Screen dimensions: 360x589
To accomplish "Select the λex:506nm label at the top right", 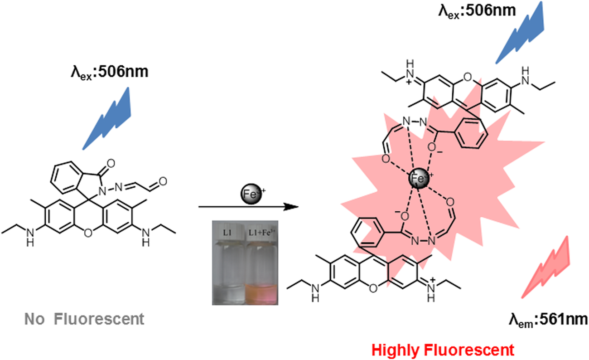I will [x=477, y=10].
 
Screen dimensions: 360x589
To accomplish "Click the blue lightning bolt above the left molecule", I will [x=109, y=118].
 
